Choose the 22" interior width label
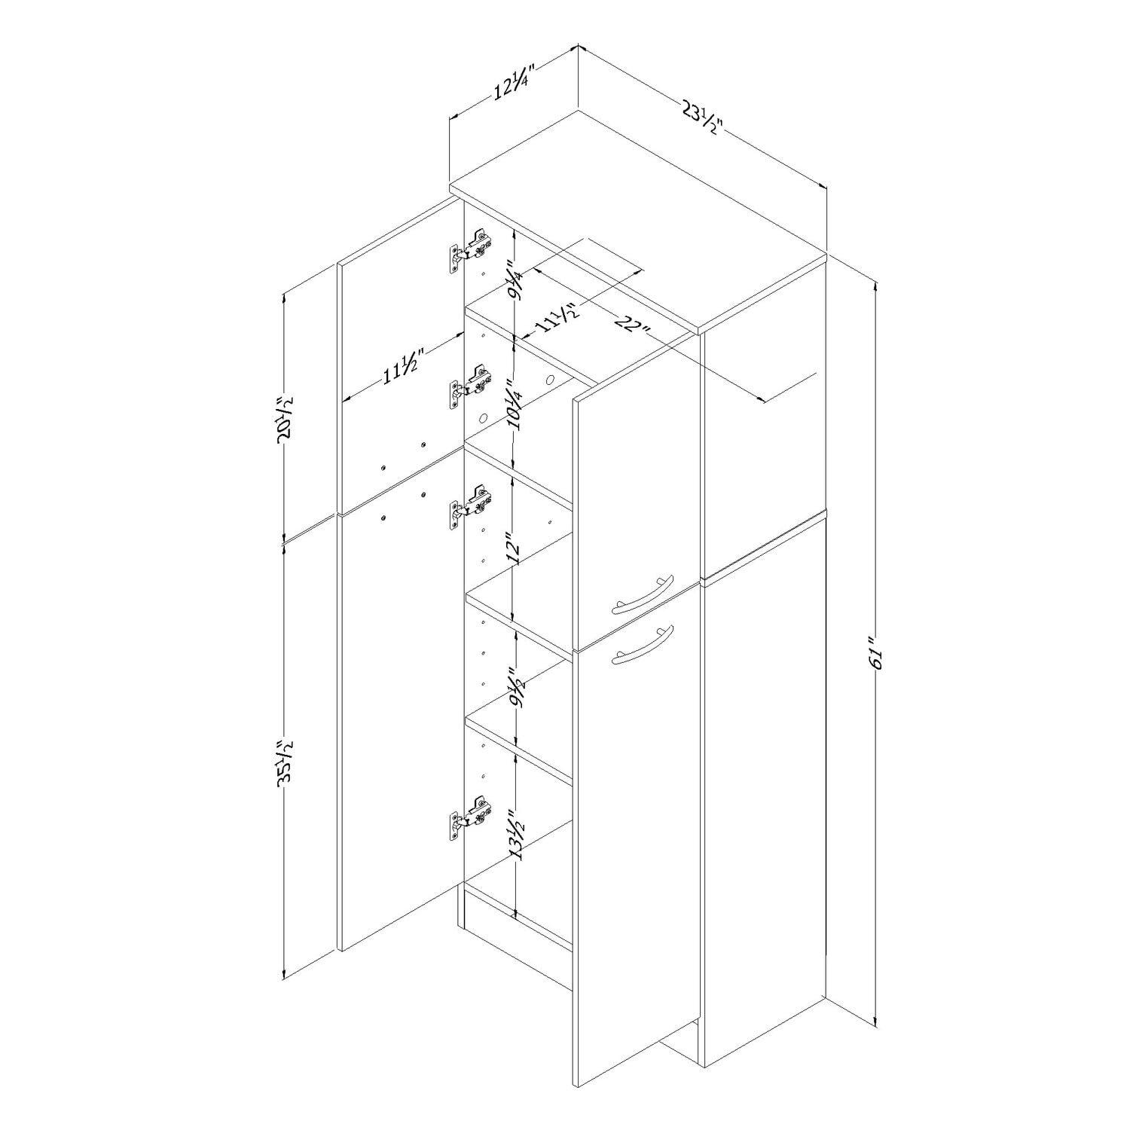634,328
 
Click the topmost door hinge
471,250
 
